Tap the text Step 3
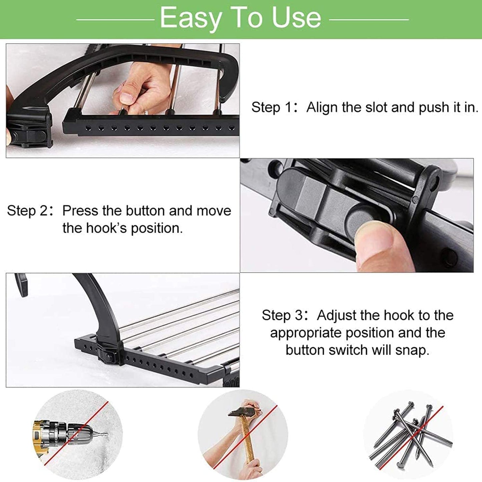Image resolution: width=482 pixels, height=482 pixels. click(282, 316)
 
